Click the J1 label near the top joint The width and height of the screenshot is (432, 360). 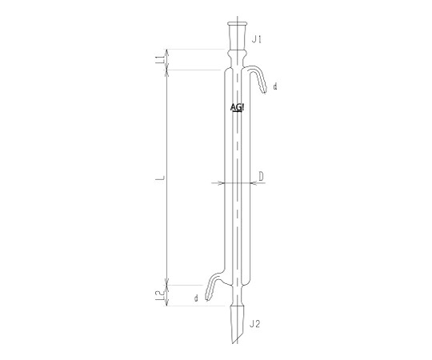point(257,40)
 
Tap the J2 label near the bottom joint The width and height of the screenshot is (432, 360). point(254,324)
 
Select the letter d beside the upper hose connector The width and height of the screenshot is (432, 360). point(275,86)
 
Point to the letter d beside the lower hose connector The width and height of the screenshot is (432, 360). point(196,298)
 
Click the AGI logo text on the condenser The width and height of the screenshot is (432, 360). point(237,107)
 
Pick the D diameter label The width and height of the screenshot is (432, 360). point(261,176)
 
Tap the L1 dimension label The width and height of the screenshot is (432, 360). point(160,59)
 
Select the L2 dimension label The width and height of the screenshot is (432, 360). point(160,296)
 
